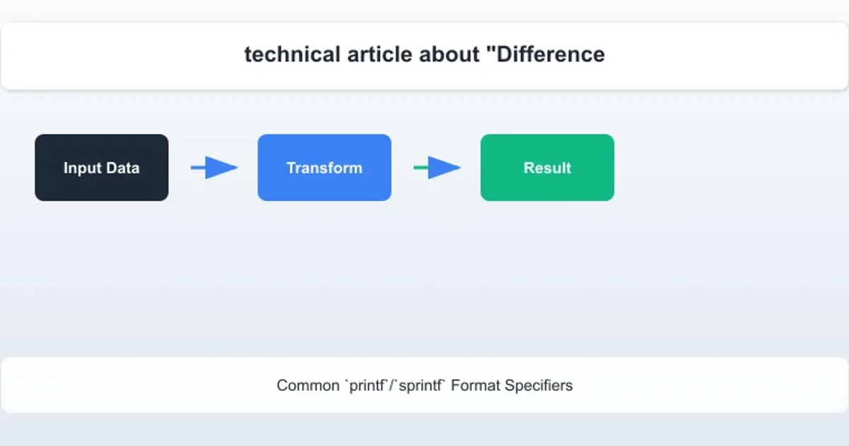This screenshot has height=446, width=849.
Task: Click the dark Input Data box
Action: click(x=102, y=168)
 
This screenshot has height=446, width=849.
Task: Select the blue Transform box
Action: click(x=325, y=168)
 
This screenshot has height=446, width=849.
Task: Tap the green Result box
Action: click(x=548, y=168)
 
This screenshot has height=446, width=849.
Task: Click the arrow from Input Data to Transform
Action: click(x=214, y=167)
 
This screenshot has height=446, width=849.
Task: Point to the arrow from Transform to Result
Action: click(x=437, y=167)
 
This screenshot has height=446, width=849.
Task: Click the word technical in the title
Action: click(x=292, y=55)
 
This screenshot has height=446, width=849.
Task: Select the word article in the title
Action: click(x=380, y=55)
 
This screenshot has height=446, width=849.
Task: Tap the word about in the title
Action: click(x=449, y=55)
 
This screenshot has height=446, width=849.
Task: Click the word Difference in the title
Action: click(x=550, y=55)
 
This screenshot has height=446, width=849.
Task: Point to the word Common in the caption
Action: click(x=308, y=386)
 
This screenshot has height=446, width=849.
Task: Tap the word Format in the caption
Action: click(x=475, y=386)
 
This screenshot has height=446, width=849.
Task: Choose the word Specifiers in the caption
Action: click(x=538, y=386)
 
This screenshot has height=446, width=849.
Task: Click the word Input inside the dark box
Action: click(x=83, y=168)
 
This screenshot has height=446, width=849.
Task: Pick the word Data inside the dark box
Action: click(x=123, y=168)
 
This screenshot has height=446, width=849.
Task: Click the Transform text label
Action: click(x=325, y=168)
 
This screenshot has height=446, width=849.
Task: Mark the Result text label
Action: click(x=548, y=168)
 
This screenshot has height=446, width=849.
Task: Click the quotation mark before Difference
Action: click(x=491, y=49)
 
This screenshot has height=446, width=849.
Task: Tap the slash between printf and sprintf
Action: click(x=392, y=386)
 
